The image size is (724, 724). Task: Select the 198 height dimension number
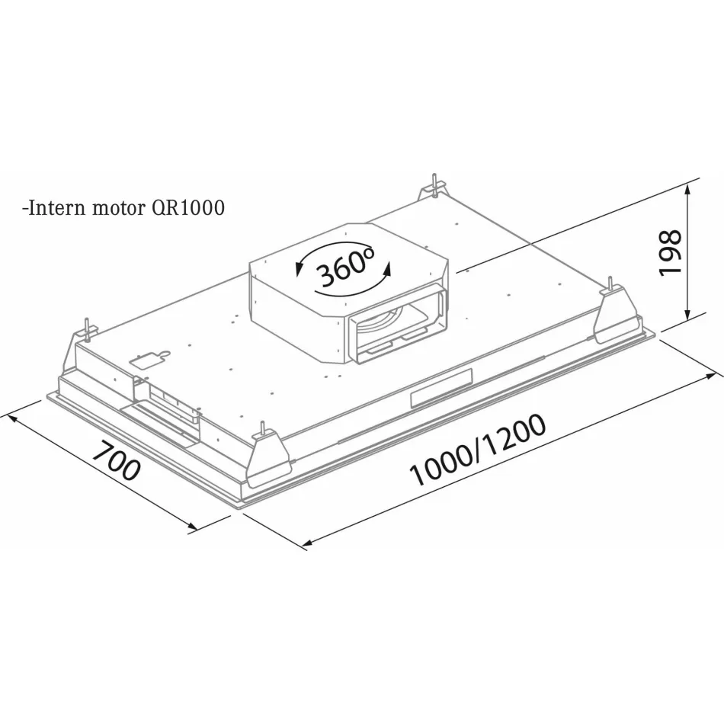pyautogui.click(x=670, y=252)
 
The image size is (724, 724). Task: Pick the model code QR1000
pyautogui.click(x=188, y=208)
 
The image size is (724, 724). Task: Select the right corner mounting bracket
pyautogui.click(x=616, y=313)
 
